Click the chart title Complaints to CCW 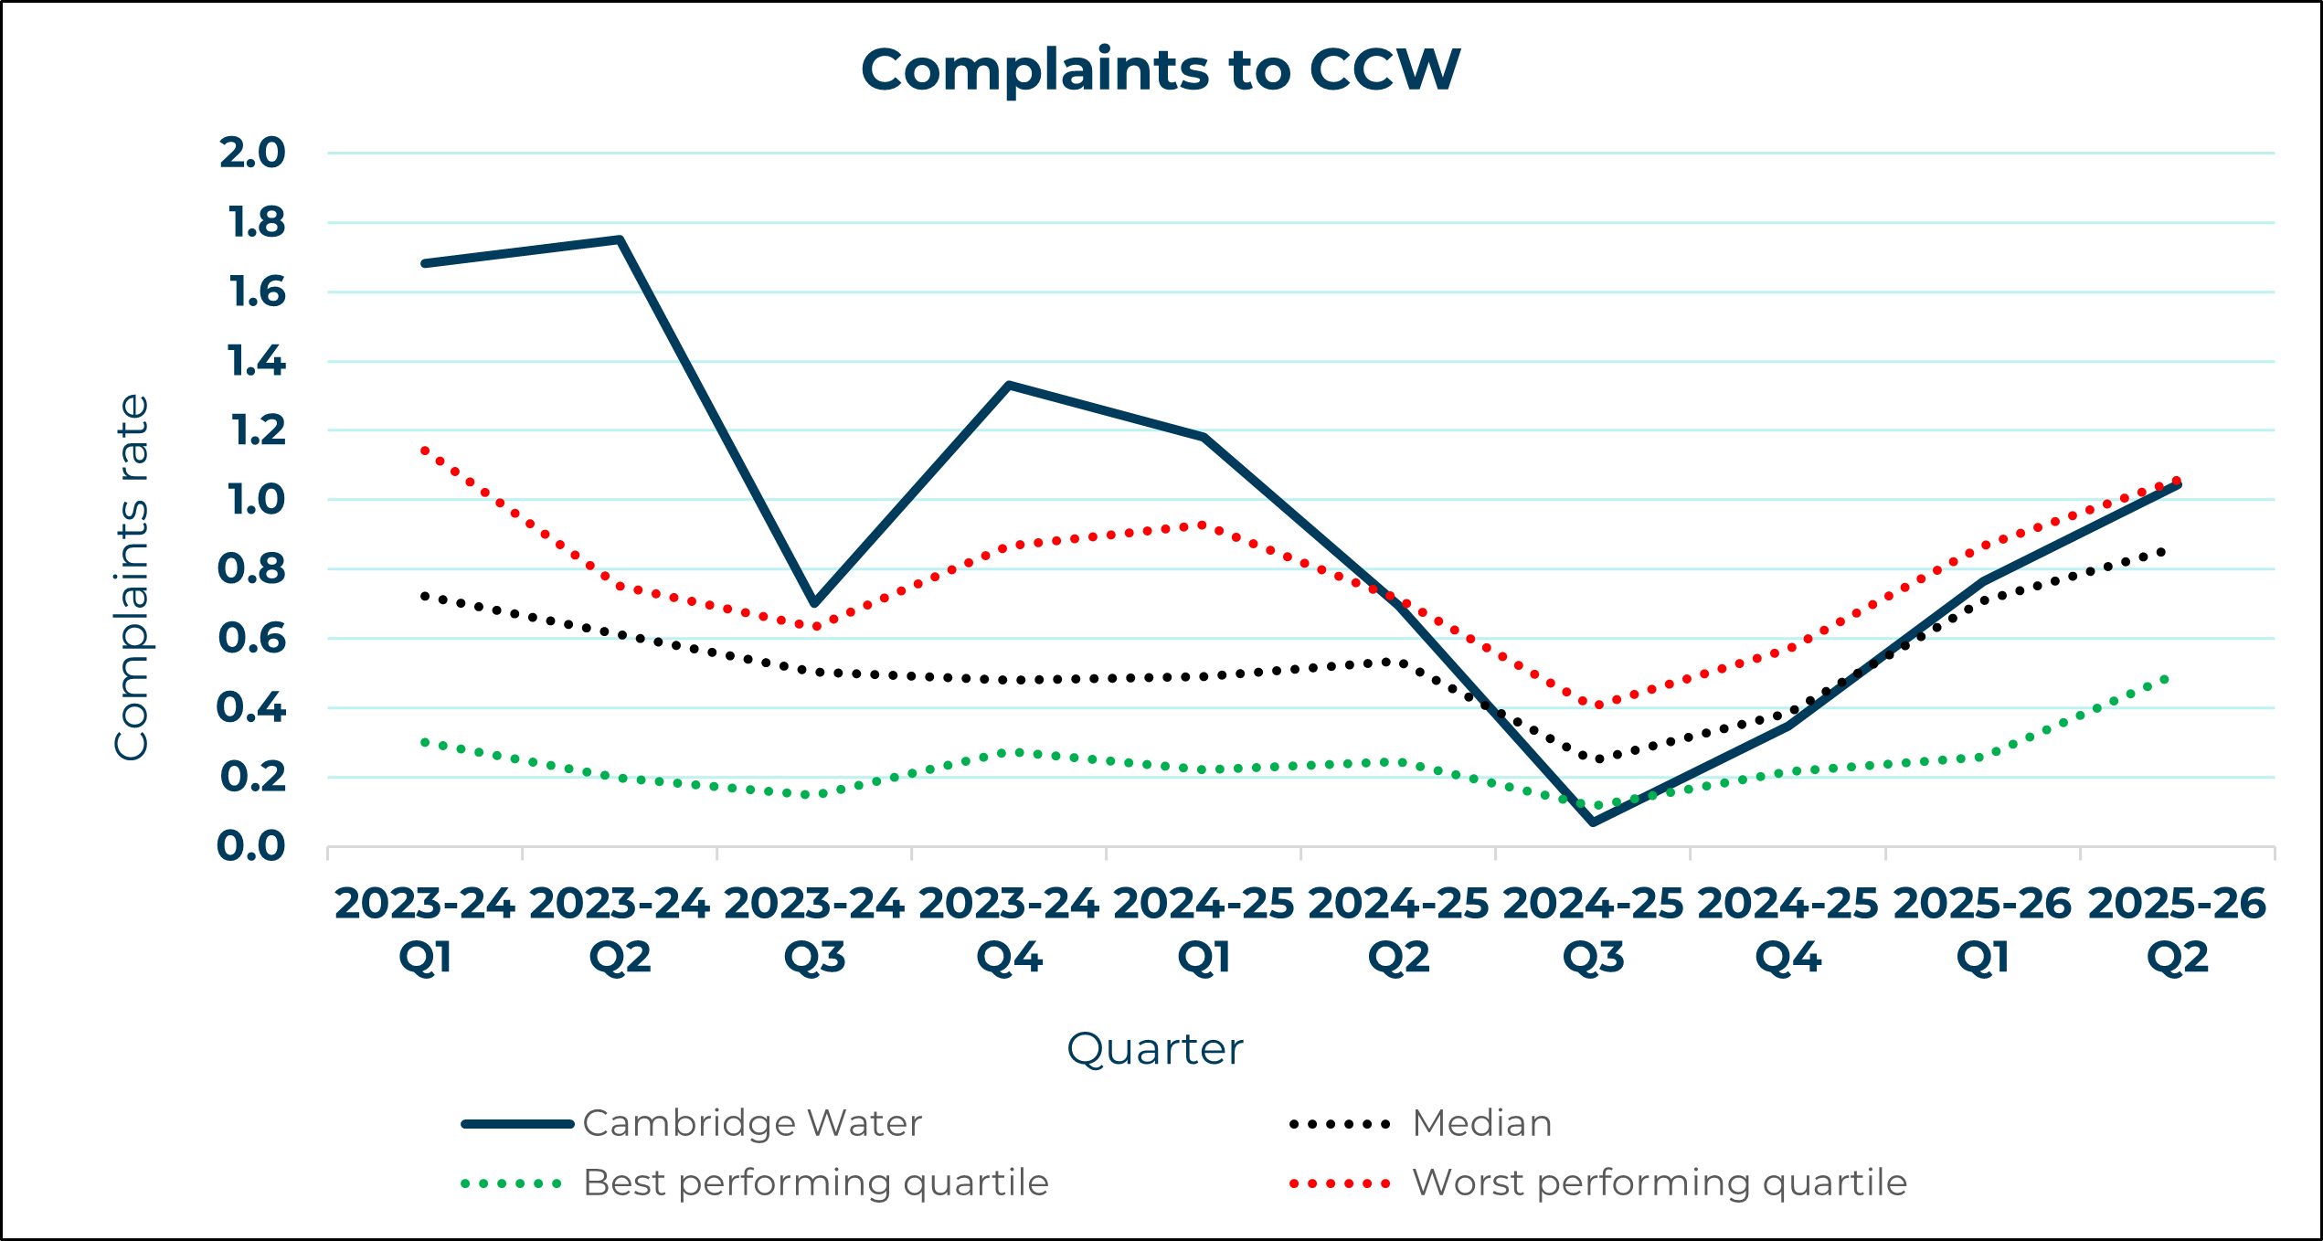click(1161, 69)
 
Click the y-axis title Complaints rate click(132, 578)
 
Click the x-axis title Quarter click(1155, 1049)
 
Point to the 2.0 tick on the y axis click(252, 153)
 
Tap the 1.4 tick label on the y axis click(256, 362)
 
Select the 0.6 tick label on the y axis click(252, 638)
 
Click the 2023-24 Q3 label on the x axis click(814, 930)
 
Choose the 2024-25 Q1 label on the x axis click(1204, 930)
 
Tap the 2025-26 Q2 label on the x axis click(2177, 930)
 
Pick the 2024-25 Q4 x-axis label click(1787, 930)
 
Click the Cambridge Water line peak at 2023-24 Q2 click(620, 239)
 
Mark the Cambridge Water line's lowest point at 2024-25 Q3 click(1593, 822)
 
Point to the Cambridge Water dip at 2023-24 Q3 click(814, 603)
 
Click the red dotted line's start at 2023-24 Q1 click(425, 451)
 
